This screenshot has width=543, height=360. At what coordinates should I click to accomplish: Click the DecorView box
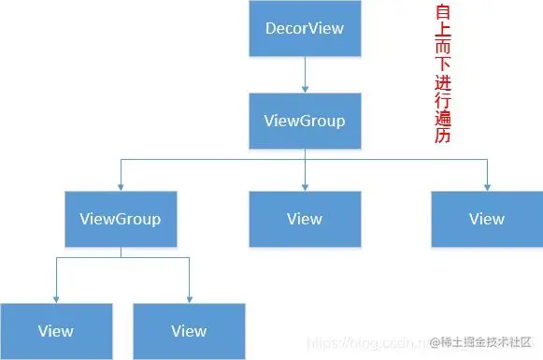click(305, 28)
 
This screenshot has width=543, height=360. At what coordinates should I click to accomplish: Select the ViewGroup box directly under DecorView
click(305, 122)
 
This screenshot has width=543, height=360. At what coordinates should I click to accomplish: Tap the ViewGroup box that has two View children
click(120, 219)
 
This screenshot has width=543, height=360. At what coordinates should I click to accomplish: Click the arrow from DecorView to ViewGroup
click(305, 73)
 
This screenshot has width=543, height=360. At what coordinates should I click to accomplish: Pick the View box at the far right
click(486, 219)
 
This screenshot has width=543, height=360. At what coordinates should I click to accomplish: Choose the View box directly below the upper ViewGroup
click(305, 219)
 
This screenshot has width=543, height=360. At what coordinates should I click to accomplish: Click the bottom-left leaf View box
click(56, 331)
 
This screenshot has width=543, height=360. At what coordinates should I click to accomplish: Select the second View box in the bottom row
click(189, 331)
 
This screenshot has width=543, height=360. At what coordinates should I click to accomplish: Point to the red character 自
click(443, 14)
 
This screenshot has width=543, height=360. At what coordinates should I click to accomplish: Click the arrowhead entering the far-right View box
click(486, 186)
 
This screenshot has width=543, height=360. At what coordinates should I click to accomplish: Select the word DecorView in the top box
click(305, 28)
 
